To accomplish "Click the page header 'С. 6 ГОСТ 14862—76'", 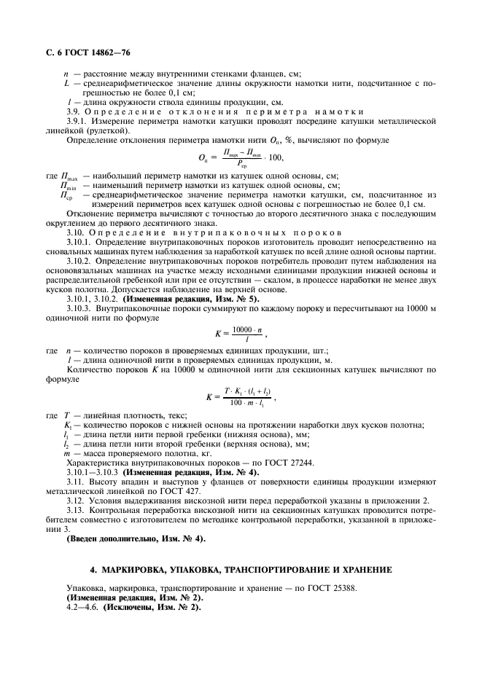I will [x=83, y=52].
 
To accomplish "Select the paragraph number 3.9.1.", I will [x=78, y=121].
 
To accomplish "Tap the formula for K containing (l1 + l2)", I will [x=240, y=397].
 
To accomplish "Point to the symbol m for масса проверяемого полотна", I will [x=67, y=452].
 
